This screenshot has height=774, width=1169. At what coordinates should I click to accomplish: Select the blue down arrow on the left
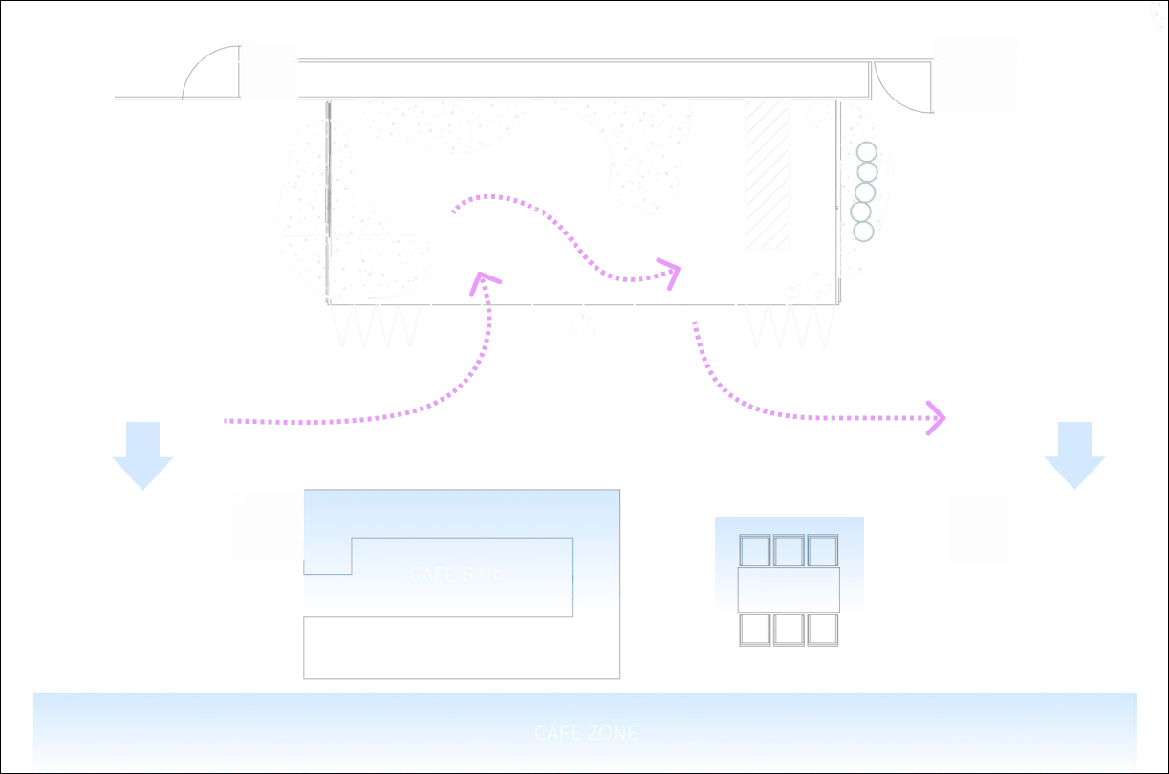tap(141, 456)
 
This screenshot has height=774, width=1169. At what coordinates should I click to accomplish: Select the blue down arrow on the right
tap(1073, 456)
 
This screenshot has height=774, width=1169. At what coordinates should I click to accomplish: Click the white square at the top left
tap(271, 72)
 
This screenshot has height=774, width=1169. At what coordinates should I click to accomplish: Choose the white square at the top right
tap(977, 72)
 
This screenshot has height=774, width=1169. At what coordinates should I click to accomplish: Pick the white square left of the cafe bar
tap(266, 527)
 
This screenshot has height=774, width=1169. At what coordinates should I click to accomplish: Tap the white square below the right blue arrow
tap(978, 532)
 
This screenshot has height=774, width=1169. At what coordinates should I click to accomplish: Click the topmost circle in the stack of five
tap(865, 152)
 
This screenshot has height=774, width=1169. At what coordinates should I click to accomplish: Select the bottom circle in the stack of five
tap(863, 231)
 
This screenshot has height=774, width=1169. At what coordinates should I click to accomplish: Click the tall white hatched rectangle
tap(769, 176)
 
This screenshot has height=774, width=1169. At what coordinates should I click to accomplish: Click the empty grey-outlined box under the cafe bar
tap(463, 646)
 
